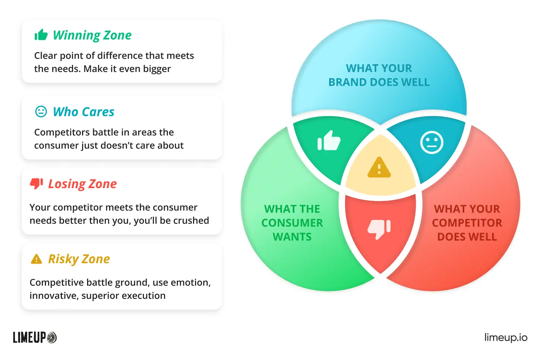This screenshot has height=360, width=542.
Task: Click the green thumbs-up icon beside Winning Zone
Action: (41, 34)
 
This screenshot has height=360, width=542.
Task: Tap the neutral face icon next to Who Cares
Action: (41, 111)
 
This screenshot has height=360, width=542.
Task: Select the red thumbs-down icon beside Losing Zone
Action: (36, 184)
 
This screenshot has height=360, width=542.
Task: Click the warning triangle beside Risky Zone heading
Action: (36, 259)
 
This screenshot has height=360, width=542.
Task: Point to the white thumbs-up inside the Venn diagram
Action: (329, 141)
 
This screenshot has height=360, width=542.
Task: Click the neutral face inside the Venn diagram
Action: (432, 142)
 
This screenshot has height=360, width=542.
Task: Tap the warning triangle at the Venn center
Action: (379, 168)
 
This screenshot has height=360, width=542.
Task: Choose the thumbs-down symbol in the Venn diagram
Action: (379, 230)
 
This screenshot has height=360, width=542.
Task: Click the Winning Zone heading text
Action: (92, 35)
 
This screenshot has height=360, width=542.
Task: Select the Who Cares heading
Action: (84, 112)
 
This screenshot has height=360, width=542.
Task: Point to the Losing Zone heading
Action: (82, 184)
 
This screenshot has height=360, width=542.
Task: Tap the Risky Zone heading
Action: (79, 259)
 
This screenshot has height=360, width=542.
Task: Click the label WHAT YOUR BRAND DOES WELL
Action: (379, 75)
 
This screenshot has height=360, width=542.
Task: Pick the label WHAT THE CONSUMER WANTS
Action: (292, 223)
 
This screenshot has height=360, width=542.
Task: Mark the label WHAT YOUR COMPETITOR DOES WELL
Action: (467, 223)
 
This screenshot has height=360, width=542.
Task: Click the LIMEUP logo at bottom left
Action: (34, 338)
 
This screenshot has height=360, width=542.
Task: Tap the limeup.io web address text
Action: (506, 337)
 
